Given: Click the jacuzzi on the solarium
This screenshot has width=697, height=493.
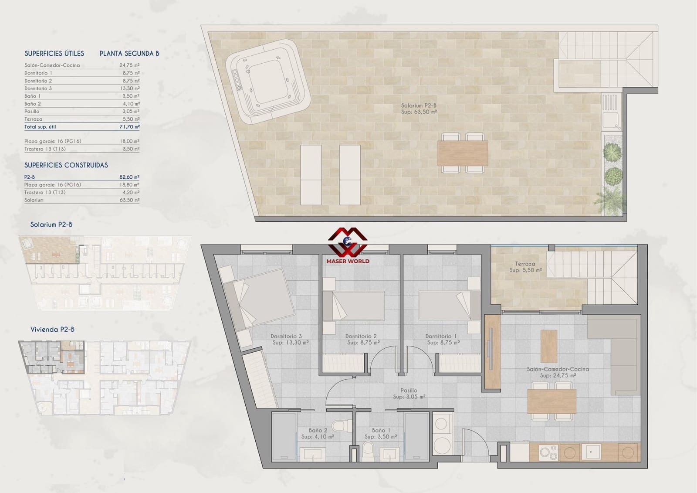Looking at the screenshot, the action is coord(268,82).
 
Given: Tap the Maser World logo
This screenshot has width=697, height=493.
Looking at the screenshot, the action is coord(348,246).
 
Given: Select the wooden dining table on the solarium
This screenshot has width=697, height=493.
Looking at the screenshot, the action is coord(463,153).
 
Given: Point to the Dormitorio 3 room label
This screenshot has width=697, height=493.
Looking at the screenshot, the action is coord(286,337).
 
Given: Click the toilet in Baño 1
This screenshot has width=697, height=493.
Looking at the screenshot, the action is coord(368,452).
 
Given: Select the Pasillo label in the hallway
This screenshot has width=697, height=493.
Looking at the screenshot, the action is coord(409,390).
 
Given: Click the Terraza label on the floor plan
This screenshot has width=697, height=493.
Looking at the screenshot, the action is coord(525,264).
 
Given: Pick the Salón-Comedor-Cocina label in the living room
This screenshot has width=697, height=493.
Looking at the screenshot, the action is coord(558,369).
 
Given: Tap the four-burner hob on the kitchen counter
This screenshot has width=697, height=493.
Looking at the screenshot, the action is coord(549,452).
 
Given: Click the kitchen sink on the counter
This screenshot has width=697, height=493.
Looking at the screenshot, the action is coord(591,452).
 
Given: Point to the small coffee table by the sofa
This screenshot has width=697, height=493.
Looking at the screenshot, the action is coord(549,346).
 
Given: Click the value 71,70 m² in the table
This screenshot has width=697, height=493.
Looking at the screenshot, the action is coord(130,127).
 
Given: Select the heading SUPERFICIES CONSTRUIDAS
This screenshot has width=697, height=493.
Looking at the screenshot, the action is coord(66,165).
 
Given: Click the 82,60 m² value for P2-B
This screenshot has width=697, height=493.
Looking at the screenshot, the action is coord(129,177).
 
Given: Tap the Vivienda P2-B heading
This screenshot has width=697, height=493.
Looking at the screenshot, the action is coord(52,329).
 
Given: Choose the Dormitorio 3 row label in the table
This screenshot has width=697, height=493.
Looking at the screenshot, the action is coord(38,88).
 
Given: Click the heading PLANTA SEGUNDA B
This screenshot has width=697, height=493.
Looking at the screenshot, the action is coord(129,54).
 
